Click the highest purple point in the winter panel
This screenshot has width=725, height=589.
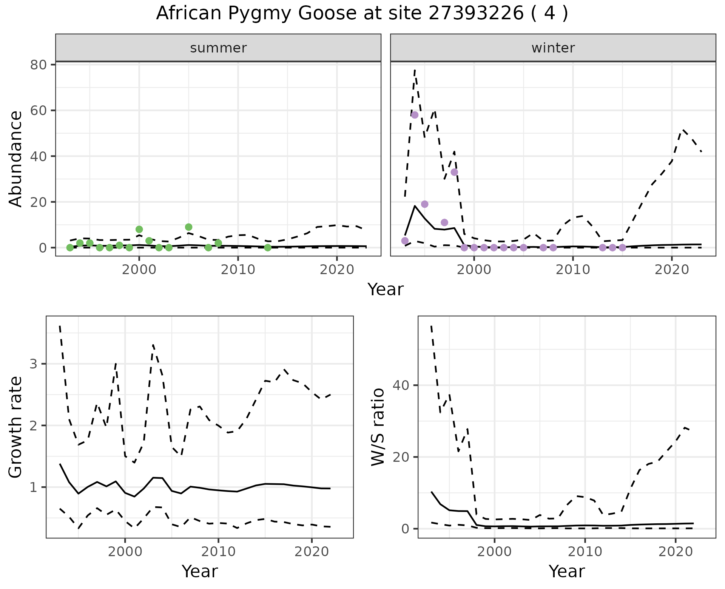click(415, 115)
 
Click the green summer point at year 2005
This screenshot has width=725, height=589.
click(188, 227)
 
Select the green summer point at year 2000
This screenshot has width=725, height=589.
click(139, 229)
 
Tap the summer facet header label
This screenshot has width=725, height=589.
click(218, 48)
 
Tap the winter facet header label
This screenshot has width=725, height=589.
click(553, 48)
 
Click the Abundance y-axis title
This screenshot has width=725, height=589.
click(16, 159)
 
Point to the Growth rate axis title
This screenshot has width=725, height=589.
click(16, 427)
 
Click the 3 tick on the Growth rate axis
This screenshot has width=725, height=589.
click(33, 364)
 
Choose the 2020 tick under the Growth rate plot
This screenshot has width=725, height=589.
click(312, 552)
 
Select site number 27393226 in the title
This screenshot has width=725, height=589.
click(476, 14)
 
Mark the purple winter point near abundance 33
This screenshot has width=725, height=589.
click(454, 172)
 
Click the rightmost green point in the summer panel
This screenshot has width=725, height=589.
click(268, 248)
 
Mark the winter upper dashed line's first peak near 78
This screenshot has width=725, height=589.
click(415, 70)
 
